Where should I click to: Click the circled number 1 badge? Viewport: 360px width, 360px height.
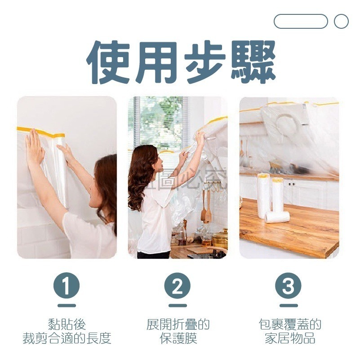[67, 286]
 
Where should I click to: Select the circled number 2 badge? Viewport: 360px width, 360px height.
[178, 286]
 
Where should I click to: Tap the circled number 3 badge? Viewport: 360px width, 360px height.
[289, 286]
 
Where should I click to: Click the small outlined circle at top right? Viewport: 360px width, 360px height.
[341, 21]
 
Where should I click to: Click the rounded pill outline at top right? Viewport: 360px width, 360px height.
[301, 21]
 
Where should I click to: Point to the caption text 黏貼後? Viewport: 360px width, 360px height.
[67, 324]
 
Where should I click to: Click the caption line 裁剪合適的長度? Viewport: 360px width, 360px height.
[67, 338]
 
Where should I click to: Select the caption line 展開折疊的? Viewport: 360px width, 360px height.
[178, 324]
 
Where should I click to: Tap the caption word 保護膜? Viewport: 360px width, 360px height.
[178, 338]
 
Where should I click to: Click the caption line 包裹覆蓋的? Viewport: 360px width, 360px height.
[289, 324]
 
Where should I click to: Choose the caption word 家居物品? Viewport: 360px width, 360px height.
[289, 338]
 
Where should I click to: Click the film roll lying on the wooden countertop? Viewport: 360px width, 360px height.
[277, 217]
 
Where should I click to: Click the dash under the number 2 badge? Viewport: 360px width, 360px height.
[178, 306]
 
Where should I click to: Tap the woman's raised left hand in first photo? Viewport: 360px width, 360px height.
[34, 147]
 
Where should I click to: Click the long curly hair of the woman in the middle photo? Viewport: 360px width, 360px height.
[138, 178]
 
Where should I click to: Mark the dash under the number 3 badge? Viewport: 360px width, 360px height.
[289, 306]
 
